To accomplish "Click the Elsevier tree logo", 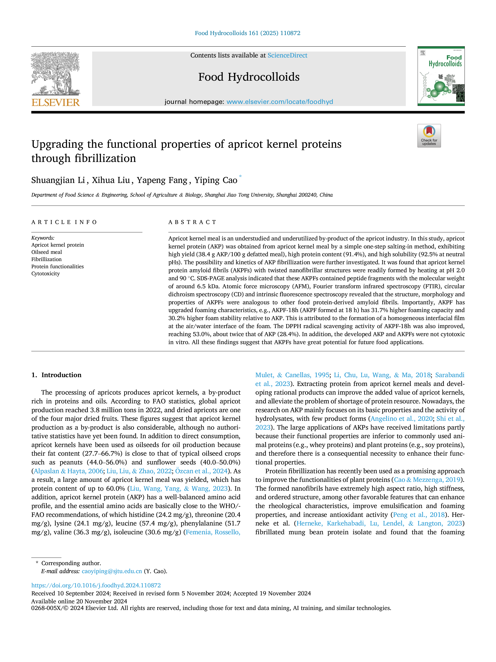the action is pyautogui.click(x=56, y=74).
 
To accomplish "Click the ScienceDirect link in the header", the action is pyautogui.click(x=287, y=55).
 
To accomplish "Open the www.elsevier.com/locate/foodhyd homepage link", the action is pyautogui.click(x=280, y=102).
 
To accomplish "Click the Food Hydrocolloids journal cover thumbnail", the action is pyautogui.click(x=441, y=76).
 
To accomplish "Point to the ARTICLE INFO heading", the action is pyautogui.click(x=64, y=222).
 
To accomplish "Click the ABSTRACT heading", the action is pyautogui.click(x=192, y=222).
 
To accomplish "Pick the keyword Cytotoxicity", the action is pyautogui.click(x=45, y=273).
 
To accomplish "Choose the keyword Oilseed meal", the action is pyautogui.click(x=47, y=252).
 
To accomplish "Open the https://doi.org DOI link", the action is pyautogui.click(x=96, y=585).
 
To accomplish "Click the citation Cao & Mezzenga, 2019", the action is pyautogui.click(x=427, y=480).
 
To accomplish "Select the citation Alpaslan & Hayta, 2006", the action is pyautogui.click(x=68, y=471).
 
